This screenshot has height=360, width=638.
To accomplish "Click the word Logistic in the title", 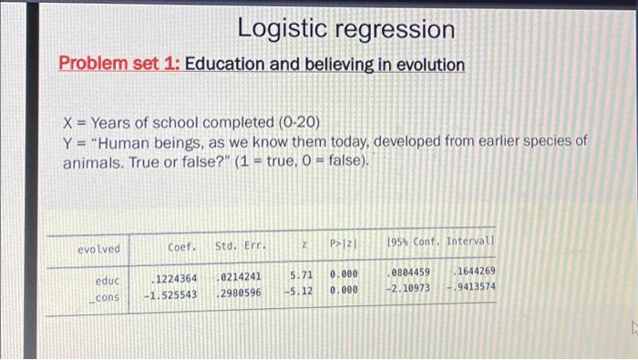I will click(279, 29).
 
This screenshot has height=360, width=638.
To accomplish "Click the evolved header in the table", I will click(99, 247).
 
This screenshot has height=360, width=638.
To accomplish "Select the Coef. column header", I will click(182, 246).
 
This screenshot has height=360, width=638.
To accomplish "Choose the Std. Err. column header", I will click(240, 246).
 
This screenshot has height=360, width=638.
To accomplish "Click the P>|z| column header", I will click(344, 246).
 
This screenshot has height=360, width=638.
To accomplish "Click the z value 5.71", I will click(303, 274).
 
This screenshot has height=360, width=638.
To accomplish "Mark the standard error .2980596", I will click(239, 293).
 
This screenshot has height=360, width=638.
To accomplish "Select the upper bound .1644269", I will click(474, 272).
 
